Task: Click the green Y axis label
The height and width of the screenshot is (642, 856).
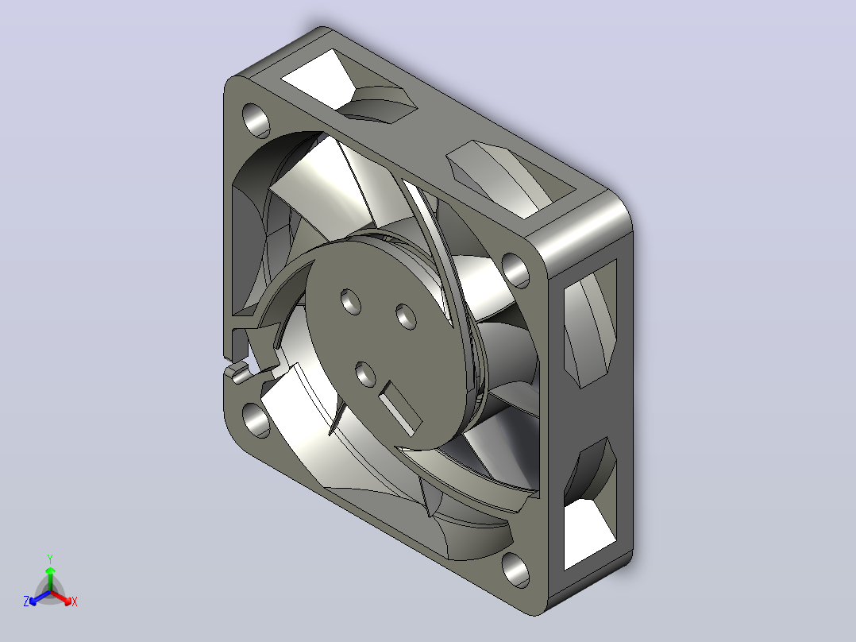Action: click(x=50, y=559)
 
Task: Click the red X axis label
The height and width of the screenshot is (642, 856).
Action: click(x=75, y=601)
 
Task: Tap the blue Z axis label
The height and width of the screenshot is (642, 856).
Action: click(x=26, y=601)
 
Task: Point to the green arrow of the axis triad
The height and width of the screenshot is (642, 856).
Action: click(x=50, y=578)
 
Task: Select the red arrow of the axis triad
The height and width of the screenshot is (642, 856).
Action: click(x=60, y=597)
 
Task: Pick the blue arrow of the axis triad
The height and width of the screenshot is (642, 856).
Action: click(x=40, y=598)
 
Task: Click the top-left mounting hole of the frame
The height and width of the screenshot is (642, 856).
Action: click(x=256, y=120)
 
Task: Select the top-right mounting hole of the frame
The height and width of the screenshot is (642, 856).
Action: click(x=515, y=270)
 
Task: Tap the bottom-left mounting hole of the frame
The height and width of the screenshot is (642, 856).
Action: click(x=256, y=420)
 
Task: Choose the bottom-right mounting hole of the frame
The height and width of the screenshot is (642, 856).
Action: click(x=515, y=570)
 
